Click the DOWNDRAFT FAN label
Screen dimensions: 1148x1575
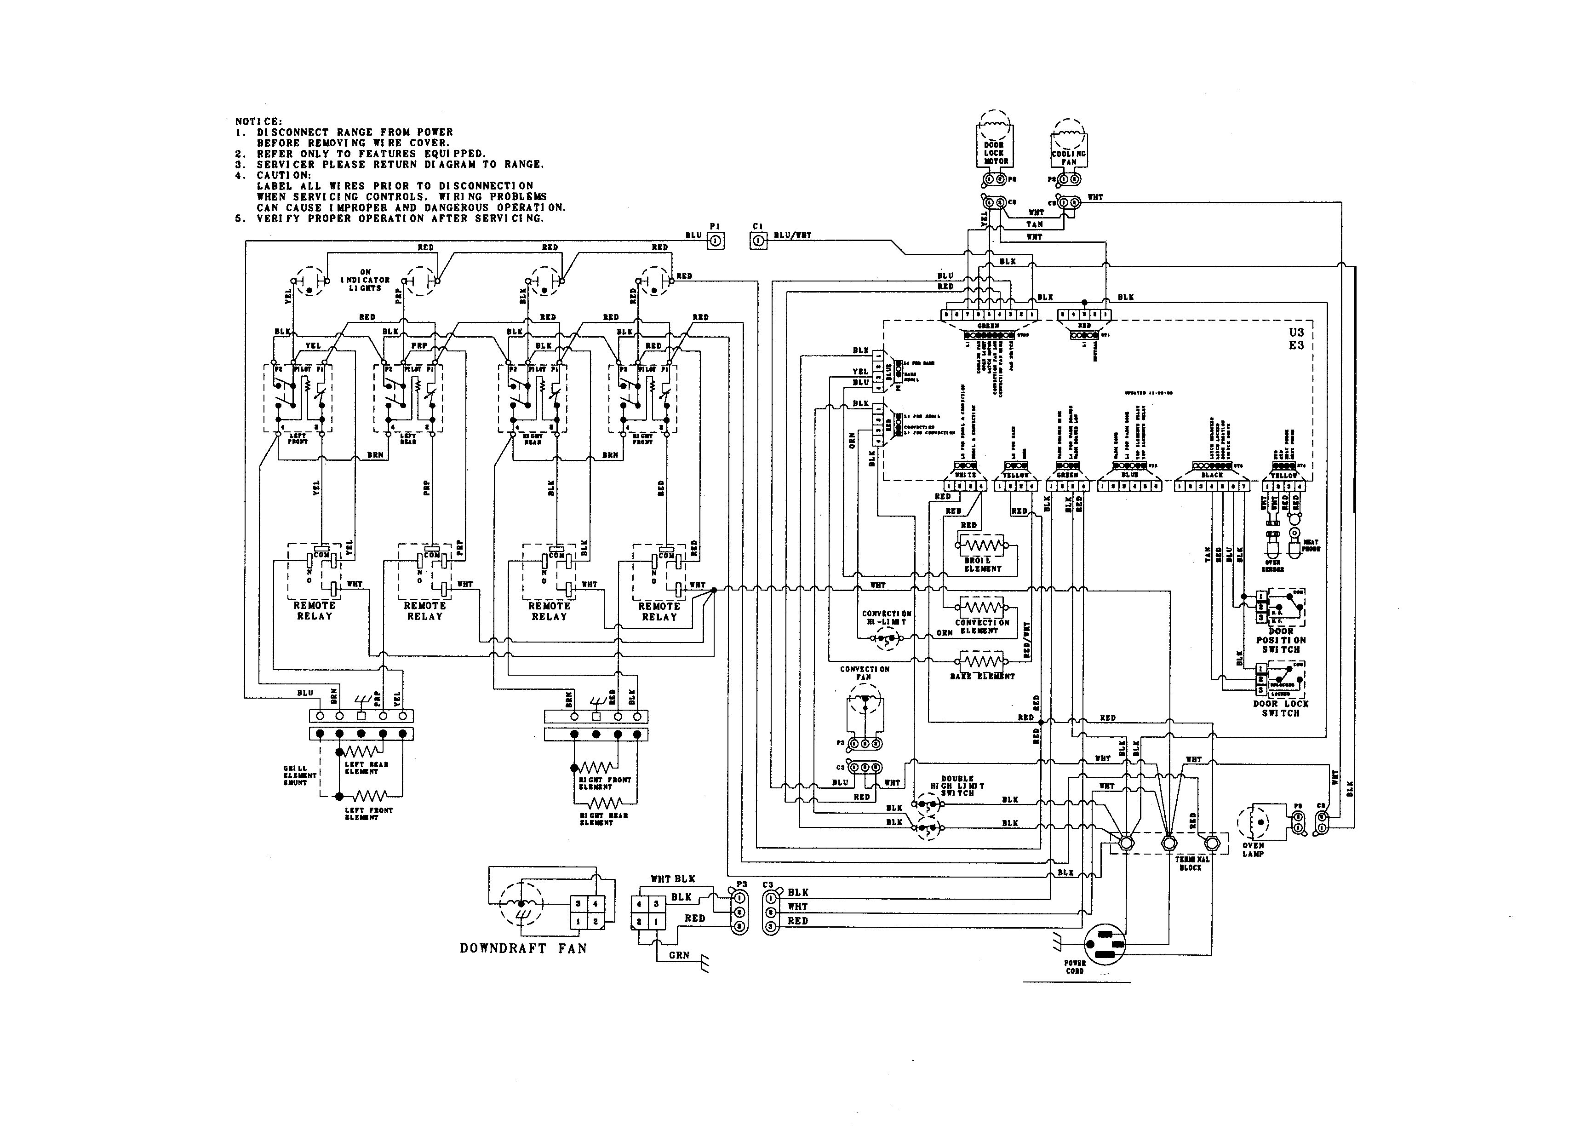click(523, 948)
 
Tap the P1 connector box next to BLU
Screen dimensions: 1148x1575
click(716, 241)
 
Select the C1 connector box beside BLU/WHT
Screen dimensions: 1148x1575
click(759, 241)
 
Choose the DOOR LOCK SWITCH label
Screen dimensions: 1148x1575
click(1280, 708)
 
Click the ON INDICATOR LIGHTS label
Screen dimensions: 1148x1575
click(366, 280)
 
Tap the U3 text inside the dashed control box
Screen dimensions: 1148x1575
click(1296, 332)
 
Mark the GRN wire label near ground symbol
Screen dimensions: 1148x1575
click(679, 955)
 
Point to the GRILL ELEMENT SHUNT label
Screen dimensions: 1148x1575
click(299, 775)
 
